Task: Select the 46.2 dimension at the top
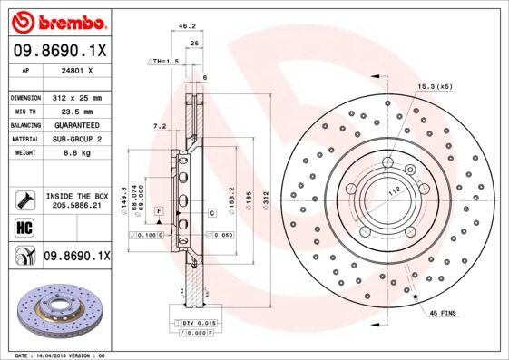(x=188, y=27)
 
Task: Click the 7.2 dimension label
(x=160, y=126)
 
